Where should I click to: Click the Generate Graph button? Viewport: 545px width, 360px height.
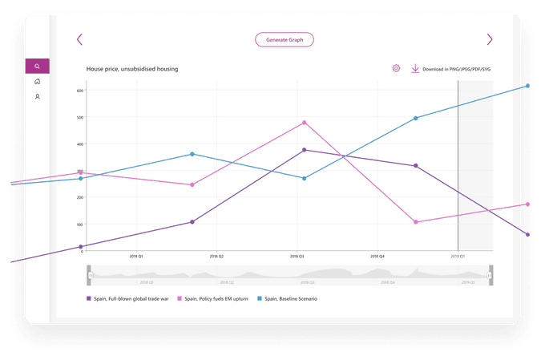284,39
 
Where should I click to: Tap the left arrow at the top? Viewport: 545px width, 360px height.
79,39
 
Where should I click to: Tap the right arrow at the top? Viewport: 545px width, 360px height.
490,39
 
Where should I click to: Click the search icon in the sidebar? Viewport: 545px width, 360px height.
37,67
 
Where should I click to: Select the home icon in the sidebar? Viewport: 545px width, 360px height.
37,81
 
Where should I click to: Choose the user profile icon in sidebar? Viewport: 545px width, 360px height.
37,96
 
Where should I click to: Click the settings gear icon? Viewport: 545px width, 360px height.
396,69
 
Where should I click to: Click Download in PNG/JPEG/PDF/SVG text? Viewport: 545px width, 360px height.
456,70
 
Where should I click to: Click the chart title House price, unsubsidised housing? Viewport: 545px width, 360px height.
132,70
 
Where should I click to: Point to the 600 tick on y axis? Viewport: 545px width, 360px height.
80,91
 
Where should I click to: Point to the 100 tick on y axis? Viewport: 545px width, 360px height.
80,224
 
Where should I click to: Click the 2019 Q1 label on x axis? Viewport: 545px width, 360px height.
457,257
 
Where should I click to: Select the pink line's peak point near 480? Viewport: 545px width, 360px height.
305,123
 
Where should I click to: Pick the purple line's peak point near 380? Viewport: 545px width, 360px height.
305,150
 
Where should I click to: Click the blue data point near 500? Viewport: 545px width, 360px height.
416,118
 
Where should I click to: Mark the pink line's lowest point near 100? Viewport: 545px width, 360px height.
416,222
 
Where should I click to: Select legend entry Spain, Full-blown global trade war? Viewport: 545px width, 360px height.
127,298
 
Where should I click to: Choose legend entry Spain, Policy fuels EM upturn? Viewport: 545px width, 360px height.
214,298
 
